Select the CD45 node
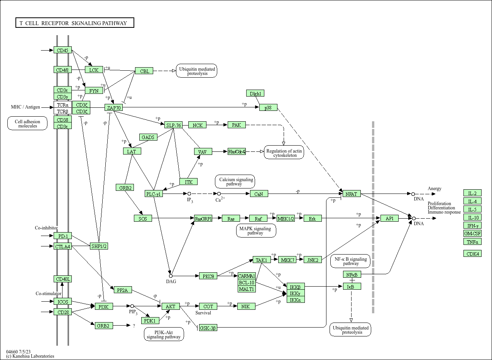pos(63,50)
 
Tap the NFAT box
pos(352,194)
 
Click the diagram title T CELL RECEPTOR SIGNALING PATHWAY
pos(74,23)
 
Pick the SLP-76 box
pos(173,125)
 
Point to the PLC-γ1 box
pos(154,194)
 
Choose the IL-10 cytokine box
pos(472,217)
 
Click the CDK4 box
pos(472,254)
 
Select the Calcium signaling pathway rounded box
pos(235,182)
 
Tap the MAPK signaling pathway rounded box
pos(255,231)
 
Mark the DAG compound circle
pos(171,276)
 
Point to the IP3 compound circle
pos(189,194)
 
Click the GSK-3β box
pos(208,328)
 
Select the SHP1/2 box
pos(99,246)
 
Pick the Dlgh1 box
pos(255,93)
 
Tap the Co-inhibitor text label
pos(46,228)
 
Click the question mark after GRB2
pos(134,326)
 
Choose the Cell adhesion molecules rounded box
pos(28,124)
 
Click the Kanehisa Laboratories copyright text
pos(30,356)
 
